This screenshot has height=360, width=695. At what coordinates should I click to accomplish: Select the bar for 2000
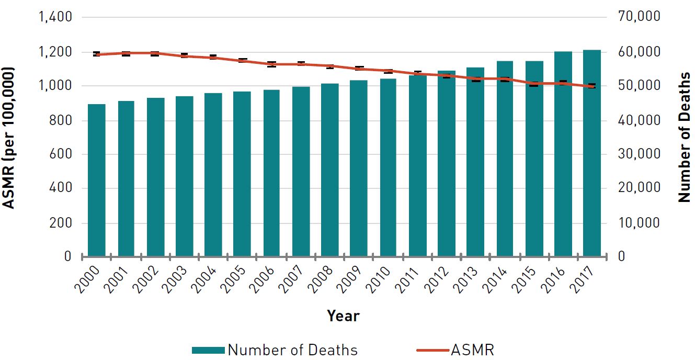tap(97, 180)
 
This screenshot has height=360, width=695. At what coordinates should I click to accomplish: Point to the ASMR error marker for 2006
tap(271, 64)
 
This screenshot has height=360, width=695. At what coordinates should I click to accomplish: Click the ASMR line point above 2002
tap(155, 53)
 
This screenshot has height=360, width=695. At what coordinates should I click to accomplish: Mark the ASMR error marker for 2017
tap(592, 86)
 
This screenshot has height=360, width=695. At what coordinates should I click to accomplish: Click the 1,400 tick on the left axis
tap(55, 17)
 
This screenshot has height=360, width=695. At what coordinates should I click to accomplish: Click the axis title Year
tap(343, 316)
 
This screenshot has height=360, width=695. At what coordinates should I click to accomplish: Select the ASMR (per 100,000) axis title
tap(9, 138)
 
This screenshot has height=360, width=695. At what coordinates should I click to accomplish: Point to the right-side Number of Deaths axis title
tap(684, 138)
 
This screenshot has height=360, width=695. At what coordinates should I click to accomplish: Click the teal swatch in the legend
tap(208, 350)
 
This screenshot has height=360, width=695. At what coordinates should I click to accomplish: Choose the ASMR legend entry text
tap(472, 350)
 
